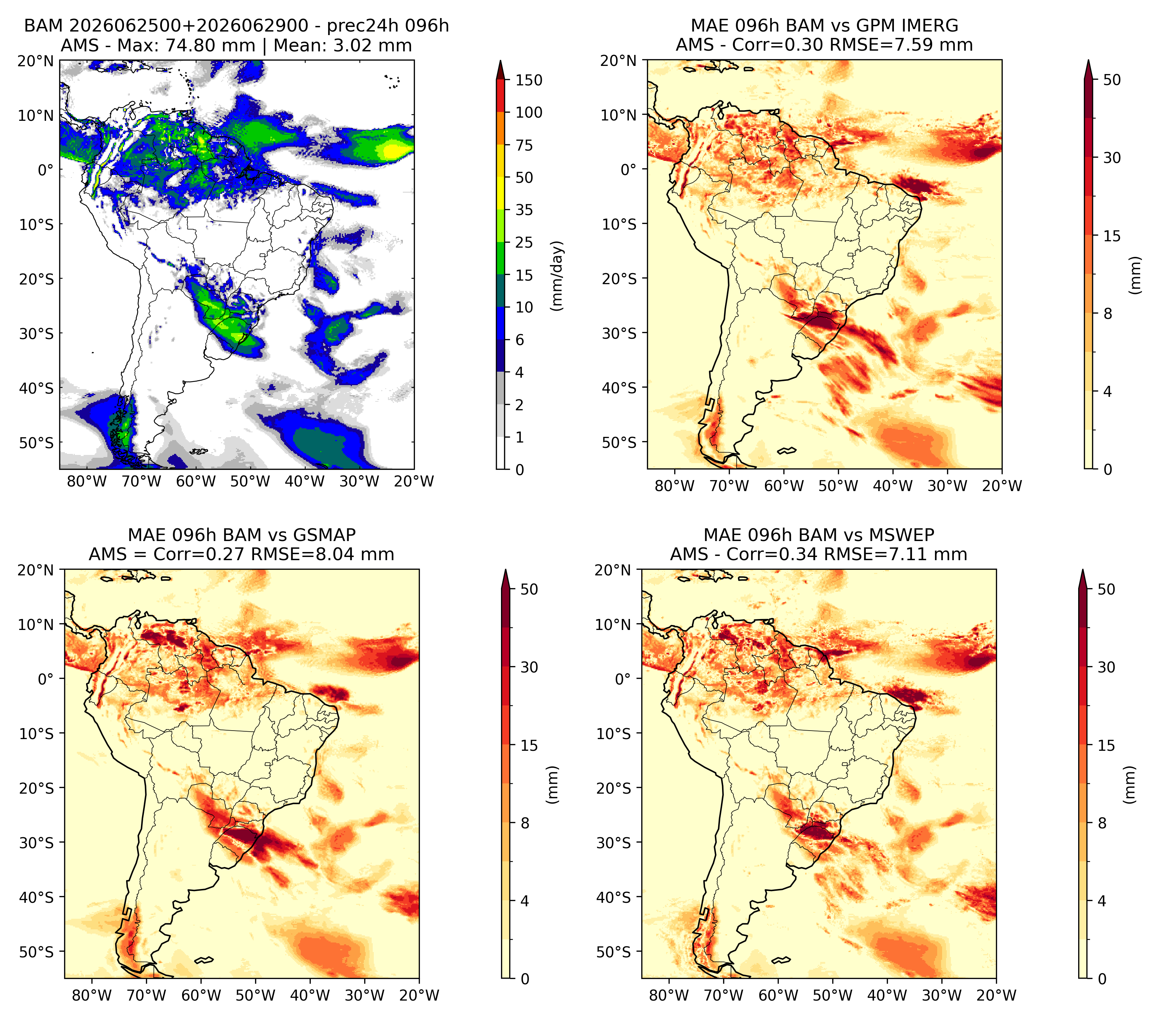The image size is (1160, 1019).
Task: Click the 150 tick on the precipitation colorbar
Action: [528, 80]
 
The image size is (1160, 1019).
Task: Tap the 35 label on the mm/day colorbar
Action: [524, 210]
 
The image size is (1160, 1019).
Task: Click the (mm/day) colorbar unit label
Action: [558, 276]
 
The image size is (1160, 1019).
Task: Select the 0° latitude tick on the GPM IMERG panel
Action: [628, 169]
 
